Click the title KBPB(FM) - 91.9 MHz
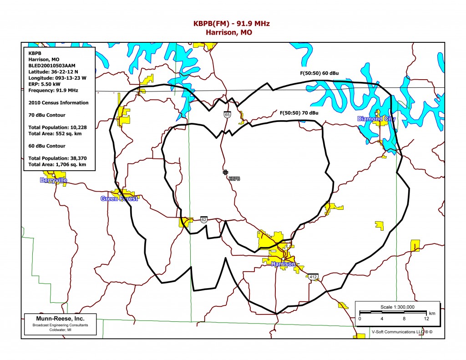point(233,24)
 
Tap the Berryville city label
point(54,180)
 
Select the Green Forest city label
point(119,198)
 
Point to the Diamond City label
point(376,119)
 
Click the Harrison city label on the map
point(283,264)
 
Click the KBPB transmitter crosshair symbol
point(225,172)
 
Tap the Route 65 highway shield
point(227,115)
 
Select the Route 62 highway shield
point(203,220)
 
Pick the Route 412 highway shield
point(313,277)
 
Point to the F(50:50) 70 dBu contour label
point(299,112)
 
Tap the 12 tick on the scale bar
point(426,319)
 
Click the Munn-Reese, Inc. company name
point(60,318)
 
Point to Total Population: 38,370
point(57,158)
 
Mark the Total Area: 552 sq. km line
point(55,133)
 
